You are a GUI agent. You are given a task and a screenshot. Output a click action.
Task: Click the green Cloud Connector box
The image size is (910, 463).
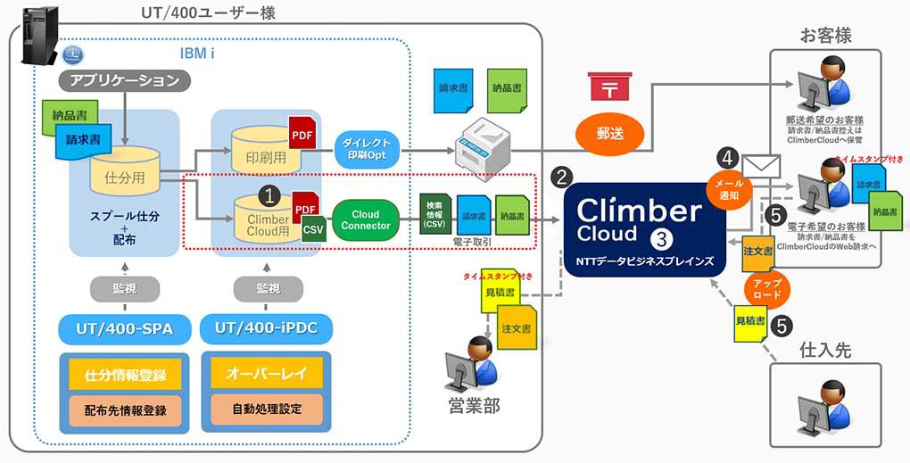coord(366,219)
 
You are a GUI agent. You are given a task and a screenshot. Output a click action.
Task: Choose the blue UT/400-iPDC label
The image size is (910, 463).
coord(267,329)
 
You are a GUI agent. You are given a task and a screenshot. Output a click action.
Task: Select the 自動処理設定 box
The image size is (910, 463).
coord(267,409)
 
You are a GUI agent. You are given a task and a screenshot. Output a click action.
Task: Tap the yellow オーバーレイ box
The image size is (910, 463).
coord(267,375)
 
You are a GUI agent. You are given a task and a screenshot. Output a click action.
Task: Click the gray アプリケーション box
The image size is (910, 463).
coord(124,81)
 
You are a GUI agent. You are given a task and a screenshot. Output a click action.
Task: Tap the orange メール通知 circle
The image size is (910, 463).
coord(725,188)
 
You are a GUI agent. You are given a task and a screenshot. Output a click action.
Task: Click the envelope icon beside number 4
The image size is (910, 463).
coord(761,167)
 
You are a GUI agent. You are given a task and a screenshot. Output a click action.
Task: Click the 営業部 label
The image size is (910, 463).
coord(473,406)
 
